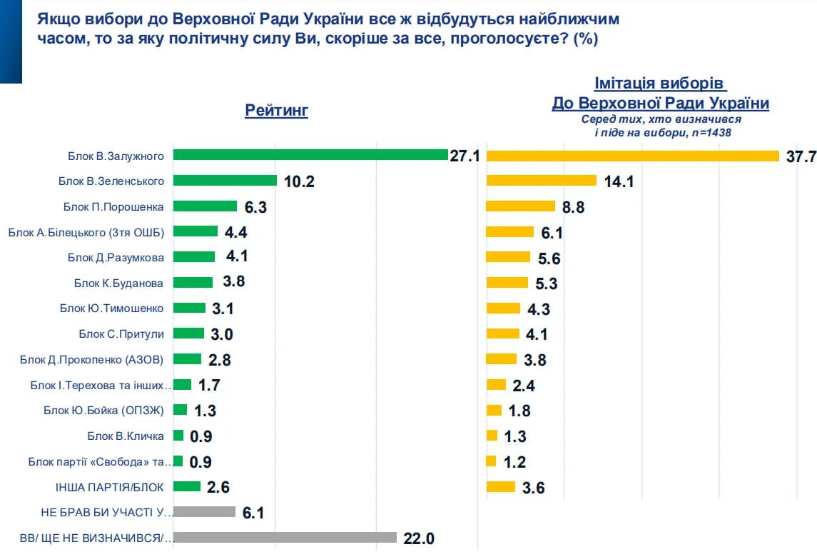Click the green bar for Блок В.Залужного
click(x=310, y=155)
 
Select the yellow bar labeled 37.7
click(x=632, y=156)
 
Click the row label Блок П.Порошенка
click(x=114, y=206)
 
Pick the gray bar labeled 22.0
click(x=285, y=538)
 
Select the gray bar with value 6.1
click(x=204, y=512)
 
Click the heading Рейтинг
click(x=276, y=111)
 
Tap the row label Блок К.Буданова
click(x=118, y=283)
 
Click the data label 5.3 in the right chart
click(x=546, y=283)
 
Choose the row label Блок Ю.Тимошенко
click(x=112, y=308)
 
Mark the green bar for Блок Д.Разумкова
click(x=194, y=257)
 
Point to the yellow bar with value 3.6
click(x=500, y=487)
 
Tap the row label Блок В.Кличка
click(x=126, y=436)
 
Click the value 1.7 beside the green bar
click(x=209, y=386)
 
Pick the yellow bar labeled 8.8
click(x=520, y=206)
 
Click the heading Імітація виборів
click(x=660, y=84)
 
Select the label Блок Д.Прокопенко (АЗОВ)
click(x=101, y=359)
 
